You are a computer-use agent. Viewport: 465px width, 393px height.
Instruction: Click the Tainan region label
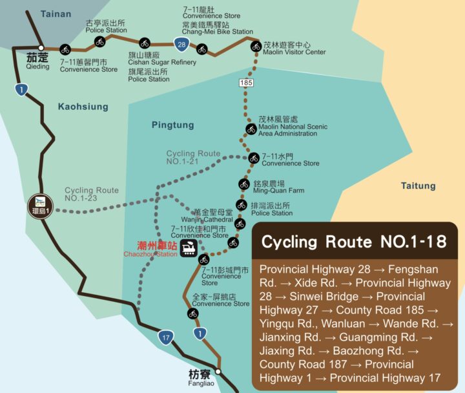coord(56,14)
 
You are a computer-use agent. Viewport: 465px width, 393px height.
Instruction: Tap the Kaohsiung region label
coord(83,107)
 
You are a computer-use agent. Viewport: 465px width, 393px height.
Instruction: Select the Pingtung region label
coord(172,125)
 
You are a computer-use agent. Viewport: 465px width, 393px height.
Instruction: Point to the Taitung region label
coord(418,186)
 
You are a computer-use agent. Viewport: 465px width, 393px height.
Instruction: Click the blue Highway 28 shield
coord(181,44)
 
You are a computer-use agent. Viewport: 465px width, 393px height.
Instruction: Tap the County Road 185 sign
coord(246,83)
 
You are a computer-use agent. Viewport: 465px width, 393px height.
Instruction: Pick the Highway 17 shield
coord(166,336)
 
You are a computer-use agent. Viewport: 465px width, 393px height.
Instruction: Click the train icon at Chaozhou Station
coord(189,248)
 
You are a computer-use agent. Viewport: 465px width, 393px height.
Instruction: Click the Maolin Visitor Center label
coord(294,48)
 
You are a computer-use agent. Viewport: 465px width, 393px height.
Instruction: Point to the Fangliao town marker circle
coord(218,372)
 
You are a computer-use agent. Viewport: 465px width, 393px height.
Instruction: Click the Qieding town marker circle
coord(41,48)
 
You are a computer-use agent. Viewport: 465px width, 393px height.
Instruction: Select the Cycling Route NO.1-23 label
coord(92,194)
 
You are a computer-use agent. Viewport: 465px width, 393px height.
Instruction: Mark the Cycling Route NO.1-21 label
coord(193,157)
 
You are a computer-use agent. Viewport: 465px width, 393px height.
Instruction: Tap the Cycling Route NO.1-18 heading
coord(353,242)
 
